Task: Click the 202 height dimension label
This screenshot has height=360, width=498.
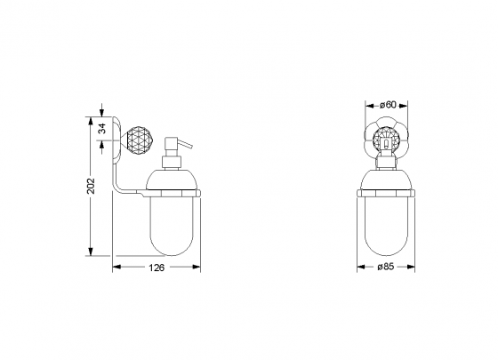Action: pyautogui.click(x=91, y=186)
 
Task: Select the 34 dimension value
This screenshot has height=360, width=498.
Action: pyautogui.click(x=101, y=129)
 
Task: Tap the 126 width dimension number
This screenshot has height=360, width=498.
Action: pyautogui.click(x=157, y=268)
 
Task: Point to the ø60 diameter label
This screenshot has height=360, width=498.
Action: pyautogui.click(x=388, y=105)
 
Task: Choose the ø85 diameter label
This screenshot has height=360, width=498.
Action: pyautogui.click(x=385, y=267)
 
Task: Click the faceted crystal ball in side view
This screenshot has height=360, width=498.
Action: pyautogui.click(x=141, y=140)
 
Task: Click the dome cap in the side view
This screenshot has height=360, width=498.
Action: pyautogui.click(x=171, y=180)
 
